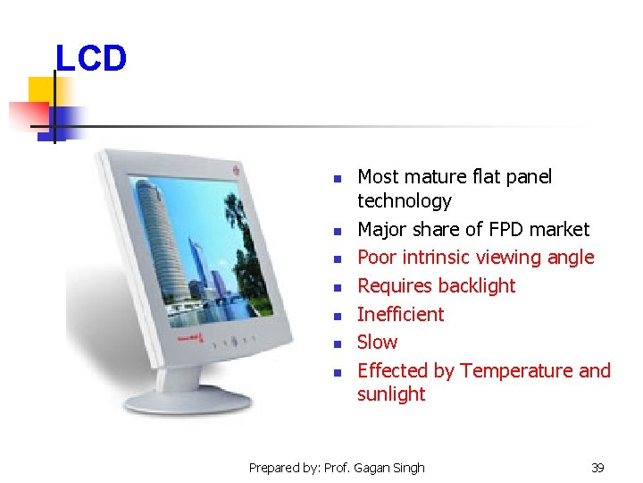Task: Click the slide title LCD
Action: [91, 59]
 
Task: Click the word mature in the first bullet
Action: [436, 177]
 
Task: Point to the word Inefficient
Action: [400, 314]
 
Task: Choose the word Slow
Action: [377, 342]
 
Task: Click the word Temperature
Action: [516, 370]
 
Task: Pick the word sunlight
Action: [391, 394]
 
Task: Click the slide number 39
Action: [597, 467]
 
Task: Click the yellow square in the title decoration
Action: [40, 89]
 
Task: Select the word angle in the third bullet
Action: [569, 258]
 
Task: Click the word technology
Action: [404, 201]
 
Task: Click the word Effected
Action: [393, 370]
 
